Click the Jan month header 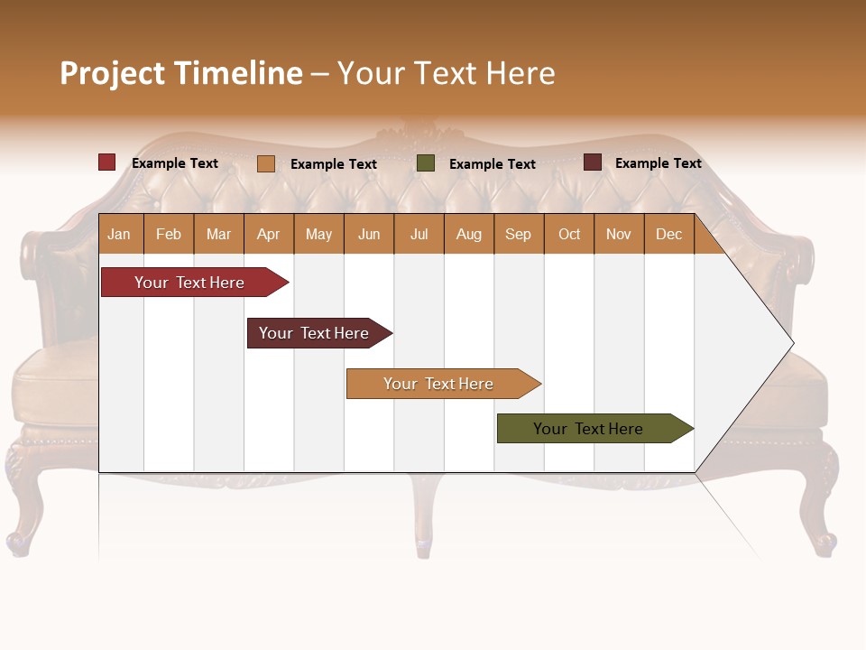119,235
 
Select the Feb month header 169,235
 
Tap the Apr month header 269,235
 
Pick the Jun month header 369,235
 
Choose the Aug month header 469,235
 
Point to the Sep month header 519,235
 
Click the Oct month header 569,235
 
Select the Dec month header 669,235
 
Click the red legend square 107,162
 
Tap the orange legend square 266,163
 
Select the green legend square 426,163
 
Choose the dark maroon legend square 593,162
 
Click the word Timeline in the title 238,73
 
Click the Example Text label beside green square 492,164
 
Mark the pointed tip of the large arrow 792,343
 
